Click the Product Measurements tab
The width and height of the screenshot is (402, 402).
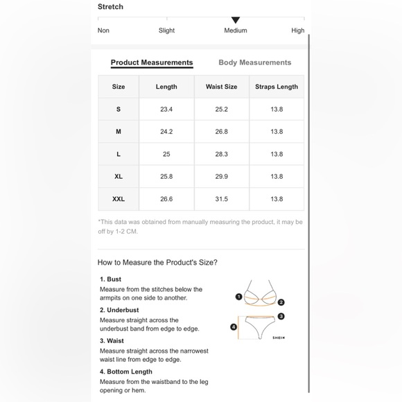tap(152, 62)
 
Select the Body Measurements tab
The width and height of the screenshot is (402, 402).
tap(255, 62)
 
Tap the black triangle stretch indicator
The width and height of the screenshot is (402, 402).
tap(236, 20)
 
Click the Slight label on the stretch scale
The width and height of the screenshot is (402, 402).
tap(166, 30)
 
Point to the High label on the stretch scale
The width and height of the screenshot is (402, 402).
tap(297, 30)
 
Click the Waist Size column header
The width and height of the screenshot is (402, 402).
tap(222, 87)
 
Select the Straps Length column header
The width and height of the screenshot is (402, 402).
tap(277, 87)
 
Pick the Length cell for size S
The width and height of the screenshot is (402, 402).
tap(166, 110)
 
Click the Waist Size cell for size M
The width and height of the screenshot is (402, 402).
tap(222, 132)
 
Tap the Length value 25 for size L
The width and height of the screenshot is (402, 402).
tap(166, 154)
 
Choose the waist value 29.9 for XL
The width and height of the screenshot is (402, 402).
tap(222, 176)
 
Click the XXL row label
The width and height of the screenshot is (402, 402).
tap(119, 199)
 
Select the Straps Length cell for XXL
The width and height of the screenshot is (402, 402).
tap(277, 199)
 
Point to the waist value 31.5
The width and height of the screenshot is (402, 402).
tap(222, 199)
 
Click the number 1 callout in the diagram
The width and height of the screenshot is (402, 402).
tap(238, 297)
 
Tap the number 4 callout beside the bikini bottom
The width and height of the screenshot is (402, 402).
tap(234, 327)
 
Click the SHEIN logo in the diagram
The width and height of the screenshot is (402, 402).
tap(279, 338)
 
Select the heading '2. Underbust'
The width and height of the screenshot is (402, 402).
tap(119, 310)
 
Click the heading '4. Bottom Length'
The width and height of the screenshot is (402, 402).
tap(126, 372)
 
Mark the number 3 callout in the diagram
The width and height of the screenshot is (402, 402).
tap(281, 316)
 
